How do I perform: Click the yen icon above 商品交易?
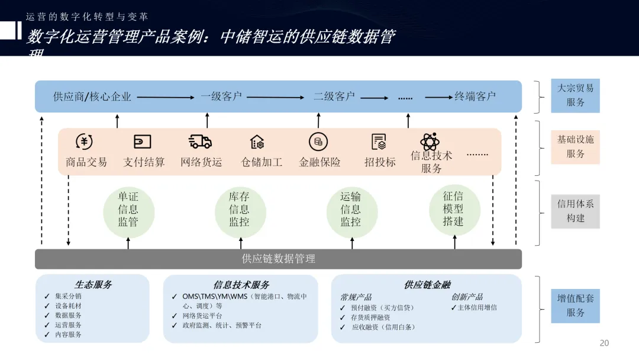click(x=84, y=142)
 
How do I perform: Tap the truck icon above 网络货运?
click(x=200, y=142)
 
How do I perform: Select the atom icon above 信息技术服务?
click(x=429, y=142)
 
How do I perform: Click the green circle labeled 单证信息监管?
click(x=128, y=210)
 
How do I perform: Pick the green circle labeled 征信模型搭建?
click(x=454, y=209)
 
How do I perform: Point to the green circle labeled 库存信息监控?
click(x=240, y=210)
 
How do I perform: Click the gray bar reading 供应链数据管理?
click(x=278, y=259)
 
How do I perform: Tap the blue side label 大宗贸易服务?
click(x=575, y=95)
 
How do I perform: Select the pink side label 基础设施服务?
click(x=575, y=147)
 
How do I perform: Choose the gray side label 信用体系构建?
click(x=575, y=211)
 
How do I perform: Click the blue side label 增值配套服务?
click(x=575, y=305)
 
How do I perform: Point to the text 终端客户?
click(x=475, y=97)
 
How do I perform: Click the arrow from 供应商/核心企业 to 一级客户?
click(x=165, y=97)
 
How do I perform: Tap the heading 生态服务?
click(x=93, y=285)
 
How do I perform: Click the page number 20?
click(x=604, y=343)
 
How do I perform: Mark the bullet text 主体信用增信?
click(x=477, y=307)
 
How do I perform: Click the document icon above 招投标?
click(x=379, y=142)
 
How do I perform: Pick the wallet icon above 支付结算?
click(x=143, y=142)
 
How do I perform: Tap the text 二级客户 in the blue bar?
click(x=334, y=97)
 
